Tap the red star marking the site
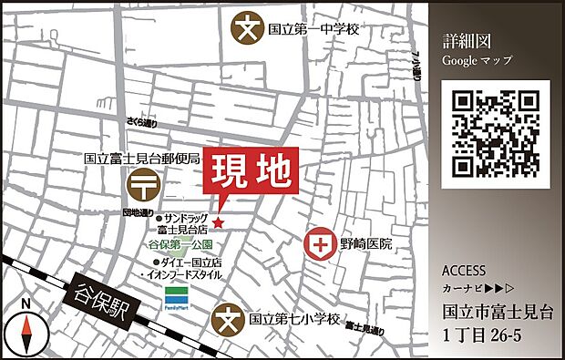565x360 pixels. pos(219,221)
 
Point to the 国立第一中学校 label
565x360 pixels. pos(313,29)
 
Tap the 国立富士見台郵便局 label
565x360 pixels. pos(141,158)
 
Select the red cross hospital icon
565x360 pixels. pos(320,244)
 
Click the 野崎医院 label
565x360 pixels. pos(367,244)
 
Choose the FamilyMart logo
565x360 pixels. pos(178,296)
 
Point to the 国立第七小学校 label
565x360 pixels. pos(294,321)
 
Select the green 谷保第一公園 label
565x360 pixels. pos(180,246)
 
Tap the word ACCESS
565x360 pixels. pos(464,272)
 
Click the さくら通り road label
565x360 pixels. pos(143,121)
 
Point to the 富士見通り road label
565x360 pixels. pos(369,328)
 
